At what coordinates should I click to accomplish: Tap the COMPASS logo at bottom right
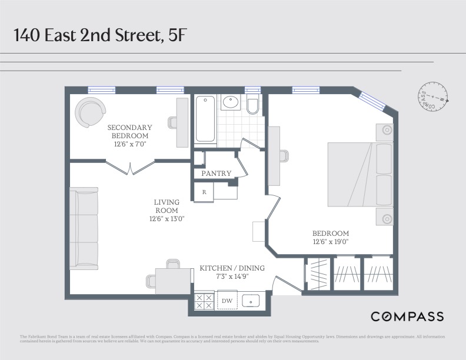coord(407,317)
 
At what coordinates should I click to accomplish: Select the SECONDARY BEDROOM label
coord(129,131)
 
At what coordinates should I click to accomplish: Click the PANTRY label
coord(216,174)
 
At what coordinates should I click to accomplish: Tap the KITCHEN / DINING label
coord(232,268)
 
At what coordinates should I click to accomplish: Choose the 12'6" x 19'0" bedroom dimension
coord(331,242)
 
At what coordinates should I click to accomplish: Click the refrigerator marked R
coord(204,192)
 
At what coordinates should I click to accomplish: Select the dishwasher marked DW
coord(227,301)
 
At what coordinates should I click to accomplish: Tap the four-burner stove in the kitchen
coord(204,301)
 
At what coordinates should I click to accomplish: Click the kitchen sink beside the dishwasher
coord(250,301)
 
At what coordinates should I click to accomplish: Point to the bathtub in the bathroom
coord(205,119)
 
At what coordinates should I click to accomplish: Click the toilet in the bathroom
coord(253,105)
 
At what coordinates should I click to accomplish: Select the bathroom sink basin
coord(230,102)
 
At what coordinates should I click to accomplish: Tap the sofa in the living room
coord(83,228)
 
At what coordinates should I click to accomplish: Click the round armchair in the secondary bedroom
coord(92,112)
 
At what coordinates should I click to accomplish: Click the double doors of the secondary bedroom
coord(131,166)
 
